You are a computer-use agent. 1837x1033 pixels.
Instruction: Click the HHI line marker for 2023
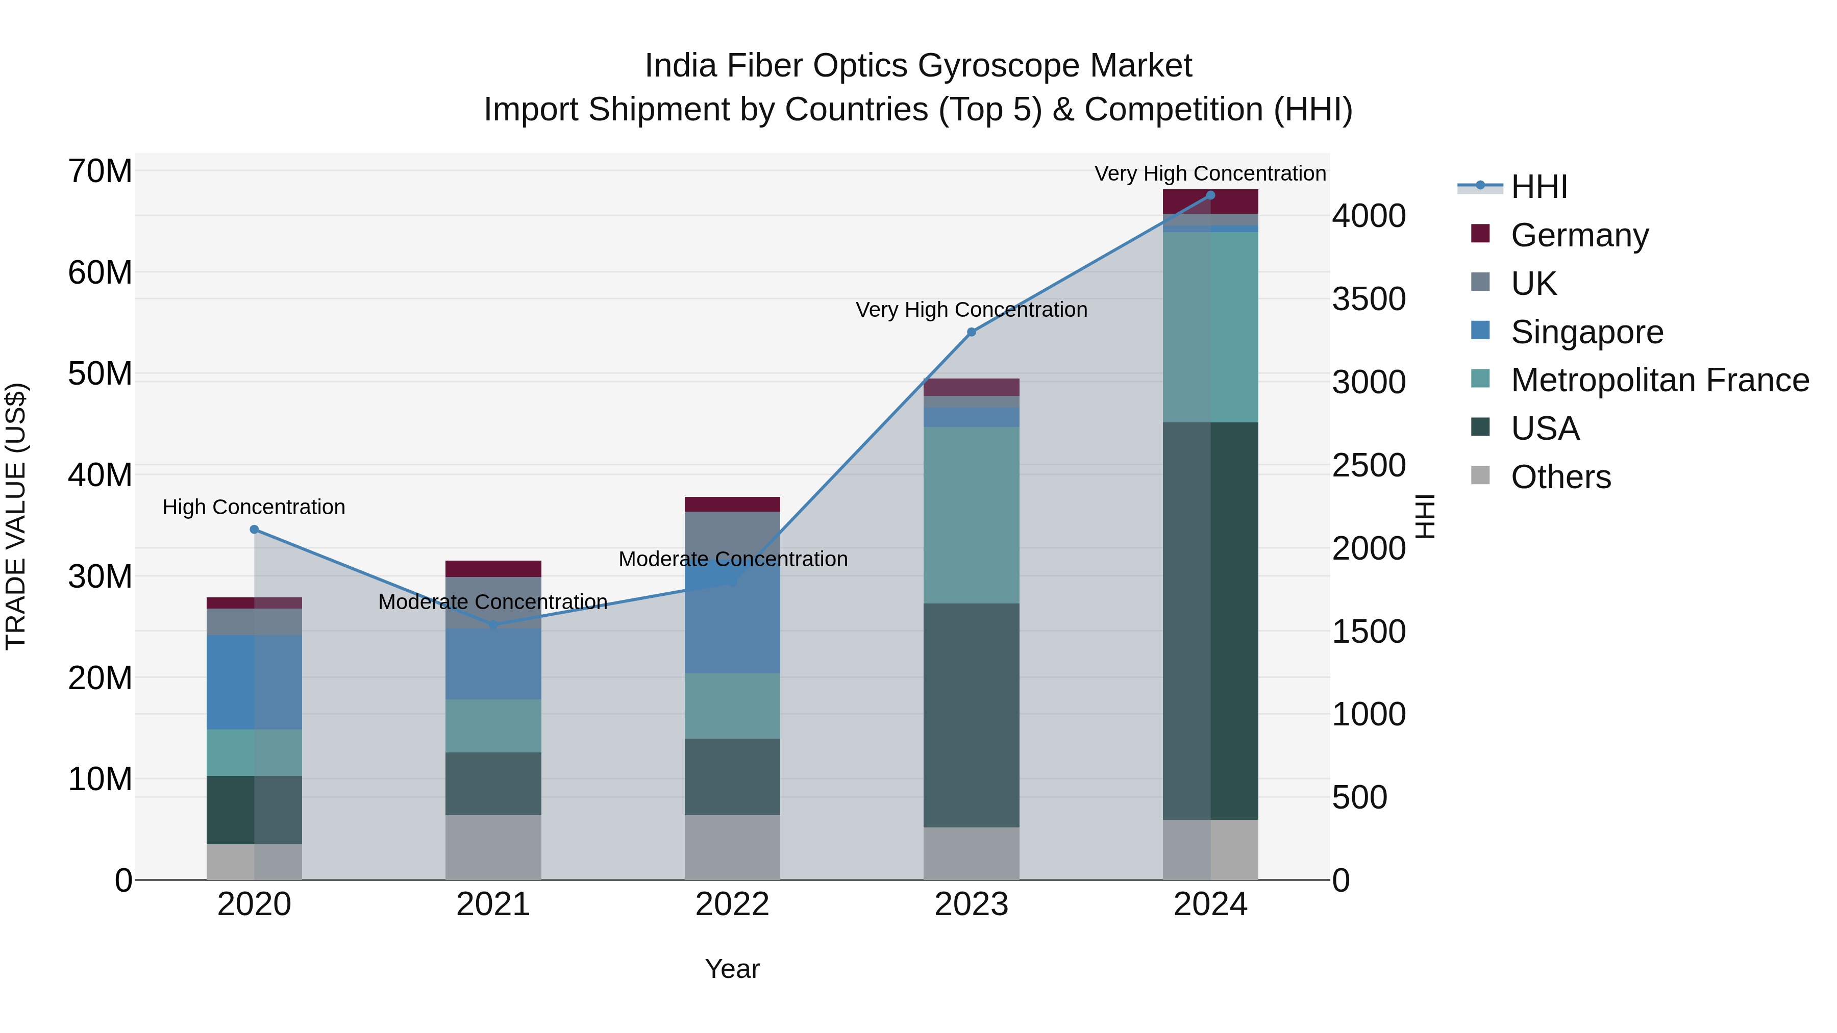click(971, 332)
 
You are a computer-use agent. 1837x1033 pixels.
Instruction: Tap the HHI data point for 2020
click(255, 530)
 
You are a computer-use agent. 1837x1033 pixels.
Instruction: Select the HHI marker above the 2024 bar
click(1210, 195)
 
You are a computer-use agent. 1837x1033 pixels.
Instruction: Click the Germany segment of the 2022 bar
click(732, 505)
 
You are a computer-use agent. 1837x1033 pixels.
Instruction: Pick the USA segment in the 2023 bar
click(971, 715)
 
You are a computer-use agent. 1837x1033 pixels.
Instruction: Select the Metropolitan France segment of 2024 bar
click(1210, 327)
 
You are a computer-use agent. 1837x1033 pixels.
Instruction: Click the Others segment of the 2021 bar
click(493, 848)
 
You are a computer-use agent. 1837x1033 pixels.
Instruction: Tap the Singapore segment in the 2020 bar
click(255, 682)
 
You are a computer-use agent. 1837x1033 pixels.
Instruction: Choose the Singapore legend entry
click(1586, 332)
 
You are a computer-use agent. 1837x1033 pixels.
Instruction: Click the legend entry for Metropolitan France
click(1659, 381)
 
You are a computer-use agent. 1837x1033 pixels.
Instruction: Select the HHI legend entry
click(1539, 187)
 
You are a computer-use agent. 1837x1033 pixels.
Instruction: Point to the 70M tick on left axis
click(100, 172)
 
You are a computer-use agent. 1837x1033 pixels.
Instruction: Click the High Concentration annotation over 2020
click(254, 508)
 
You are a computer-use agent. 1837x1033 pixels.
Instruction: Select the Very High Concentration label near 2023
click(971, 310)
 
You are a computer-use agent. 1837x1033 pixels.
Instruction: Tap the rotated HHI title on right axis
click(1425, 516)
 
